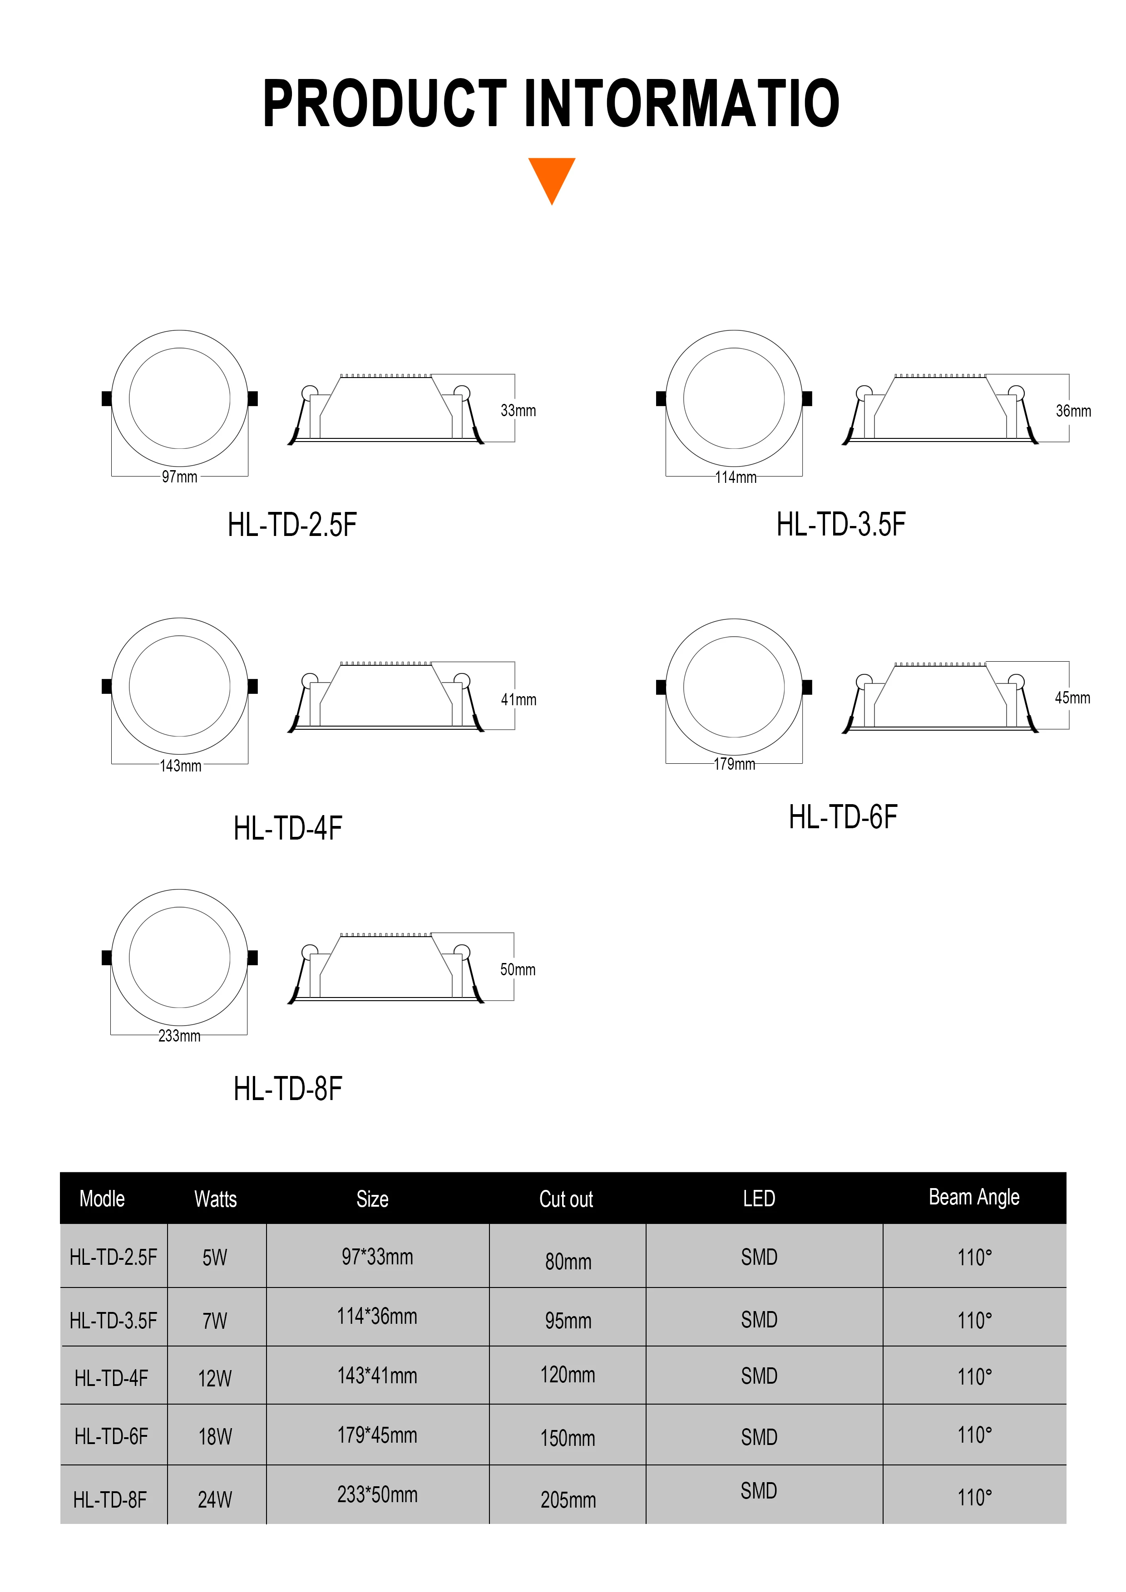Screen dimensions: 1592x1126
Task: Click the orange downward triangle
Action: point(552,177)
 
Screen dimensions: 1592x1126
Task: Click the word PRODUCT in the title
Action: point(385,104)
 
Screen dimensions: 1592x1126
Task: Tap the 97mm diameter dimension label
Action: point(180,477)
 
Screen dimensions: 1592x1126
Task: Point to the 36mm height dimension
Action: point(1072,411)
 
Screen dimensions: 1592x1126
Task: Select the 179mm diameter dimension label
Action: point(734,764)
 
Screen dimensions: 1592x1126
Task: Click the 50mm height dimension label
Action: point(518,969)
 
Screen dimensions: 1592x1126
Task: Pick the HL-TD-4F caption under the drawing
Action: point(288,828)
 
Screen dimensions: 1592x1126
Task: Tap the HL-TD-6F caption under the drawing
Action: point(843,817)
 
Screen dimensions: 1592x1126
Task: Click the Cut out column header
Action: point(566,1199)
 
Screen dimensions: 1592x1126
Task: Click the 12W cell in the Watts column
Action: point(215,1378)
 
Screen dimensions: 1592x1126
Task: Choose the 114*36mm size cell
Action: point(377,1316)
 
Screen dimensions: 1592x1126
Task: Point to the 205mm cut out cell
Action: point(568,1500)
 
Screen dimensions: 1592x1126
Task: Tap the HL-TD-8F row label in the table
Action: point(110,1500)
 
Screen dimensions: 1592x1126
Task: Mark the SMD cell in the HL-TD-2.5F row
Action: point(759,1257)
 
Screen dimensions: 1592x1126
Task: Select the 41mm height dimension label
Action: point(518,700)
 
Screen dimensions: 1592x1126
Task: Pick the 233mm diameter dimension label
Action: point(179,1036)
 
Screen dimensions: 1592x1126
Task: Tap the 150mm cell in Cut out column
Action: point(568,1438)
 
